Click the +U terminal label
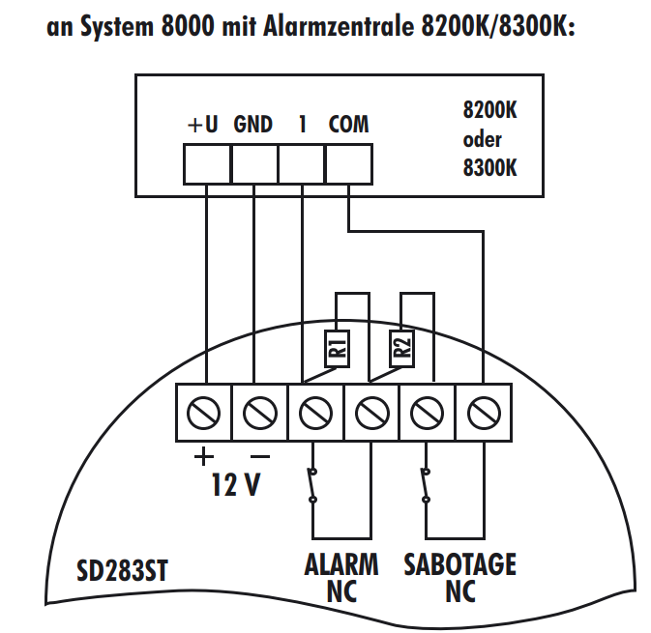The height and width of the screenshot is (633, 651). point(203,125)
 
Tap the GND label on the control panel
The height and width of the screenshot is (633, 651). point(252,125)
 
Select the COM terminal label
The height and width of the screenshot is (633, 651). point(348,125)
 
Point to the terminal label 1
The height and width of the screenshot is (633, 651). point(303,125)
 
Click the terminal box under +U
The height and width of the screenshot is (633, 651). point(207,162)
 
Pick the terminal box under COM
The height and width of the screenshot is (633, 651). point(348,162)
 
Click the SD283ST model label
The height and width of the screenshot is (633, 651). point(122,570)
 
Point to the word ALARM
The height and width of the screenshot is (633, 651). point(341,563)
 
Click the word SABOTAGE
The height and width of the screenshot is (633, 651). point(459,563)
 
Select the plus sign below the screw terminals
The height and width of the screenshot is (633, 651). point(204,455)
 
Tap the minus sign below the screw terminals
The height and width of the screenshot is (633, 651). point(258,455)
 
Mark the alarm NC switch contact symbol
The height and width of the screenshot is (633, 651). point(312,485)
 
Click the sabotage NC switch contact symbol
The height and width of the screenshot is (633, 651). point(425,485)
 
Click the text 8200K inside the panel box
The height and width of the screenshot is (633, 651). point(490,111)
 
